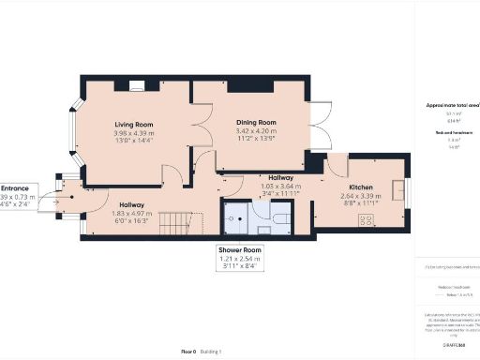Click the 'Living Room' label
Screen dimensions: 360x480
coord(134,124)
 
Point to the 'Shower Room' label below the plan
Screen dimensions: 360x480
coord(242,251)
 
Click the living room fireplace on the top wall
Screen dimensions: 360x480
coord(137,86)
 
